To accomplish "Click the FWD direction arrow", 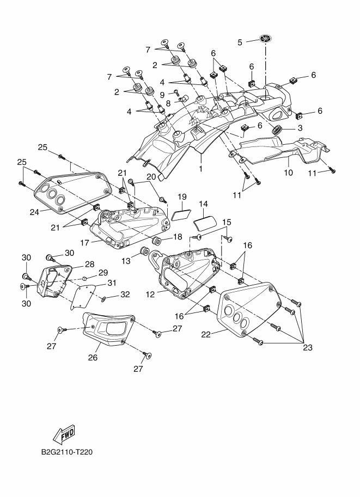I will (x=64, y=434).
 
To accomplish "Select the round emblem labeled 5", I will (x=266, y=39).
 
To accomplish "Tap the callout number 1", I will (x=201, y=168).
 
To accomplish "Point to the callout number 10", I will (x=288, y=173).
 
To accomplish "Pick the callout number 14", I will (x=203, y=204).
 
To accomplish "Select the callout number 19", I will (x=181, y=196).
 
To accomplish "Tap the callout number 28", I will (x=90, y=263).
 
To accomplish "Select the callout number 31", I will (x=112, y=283).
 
